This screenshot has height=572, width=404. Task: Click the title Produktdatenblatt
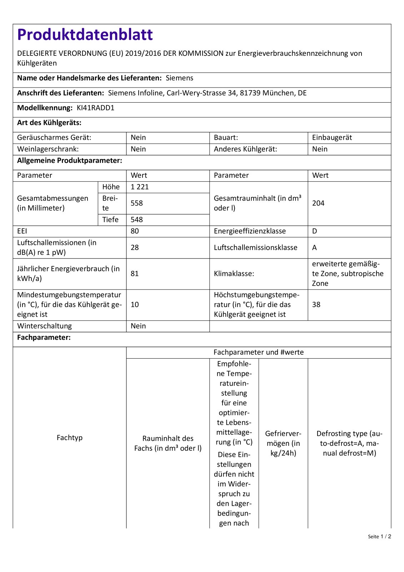[85, 35]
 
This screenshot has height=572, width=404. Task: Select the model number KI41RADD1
[95, 108]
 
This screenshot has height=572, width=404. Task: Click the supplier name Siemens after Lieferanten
[179, 78]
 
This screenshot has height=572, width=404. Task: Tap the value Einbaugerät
[332, 138]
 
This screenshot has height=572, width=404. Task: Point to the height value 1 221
[140, 187]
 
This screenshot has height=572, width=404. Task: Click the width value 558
[137, 203]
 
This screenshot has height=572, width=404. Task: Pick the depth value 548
[137, 220]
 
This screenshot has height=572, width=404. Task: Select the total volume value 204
[318, 203]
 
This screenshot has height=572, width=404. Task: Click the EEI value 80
[135, 231]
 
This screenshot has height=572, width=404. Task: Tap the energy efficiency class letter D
[315, 231]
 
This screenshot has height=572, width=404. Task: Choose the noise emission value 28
[135, 247]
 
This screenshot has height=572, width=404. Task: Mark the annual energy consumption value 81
[135, 273]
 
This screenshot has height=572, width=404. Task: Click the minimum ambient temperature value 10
[135, 305]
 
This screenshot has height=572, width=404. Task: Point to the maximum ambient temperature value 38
[316, 305]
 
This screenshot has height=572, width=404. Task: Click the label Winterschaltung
[44, 326]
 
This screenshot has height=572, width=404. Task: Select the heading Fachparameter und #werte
[259, 352]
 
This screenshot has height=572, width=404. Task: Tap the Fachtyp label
[70, 438]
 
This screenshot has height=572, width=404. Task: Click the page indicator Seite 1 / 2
[379, 537]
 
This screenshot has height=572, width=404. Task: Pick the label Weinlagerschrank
[48, 149]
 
